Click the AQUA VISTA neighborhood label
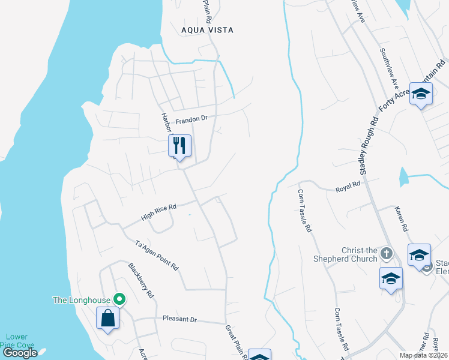tap(207, 29)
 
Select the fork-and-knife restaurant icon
tap(179, 145)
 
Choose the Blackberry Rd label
tap(141, 280)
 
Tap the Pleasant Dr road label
tap(179, 320)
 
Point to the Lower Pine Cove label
tap(17, 341)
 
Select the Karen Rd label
tap(402, 220)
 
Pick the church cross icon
tap(387, 253)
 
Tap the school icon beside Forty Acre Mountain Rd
tap(421, 93)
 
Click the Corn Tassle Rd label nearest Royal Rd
tap(305, 211)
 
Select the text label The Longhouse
tap(82, 300)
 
